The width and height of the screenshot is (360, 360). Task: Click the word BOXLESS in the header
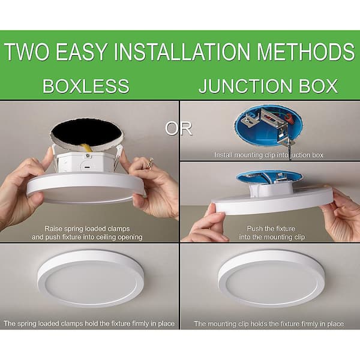86,86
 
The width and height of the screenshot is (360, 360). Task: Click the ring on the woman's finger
150,163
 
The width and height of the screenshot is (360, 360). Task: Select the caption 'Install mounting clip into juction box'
269,155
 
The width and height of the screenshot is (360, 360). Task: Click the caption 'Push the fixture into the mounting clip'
269,233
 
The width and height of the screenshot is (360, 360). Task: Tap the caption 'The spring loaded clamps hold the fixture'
89,323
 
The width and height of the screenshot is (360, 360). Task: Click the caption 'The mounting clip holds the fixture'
269,323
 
